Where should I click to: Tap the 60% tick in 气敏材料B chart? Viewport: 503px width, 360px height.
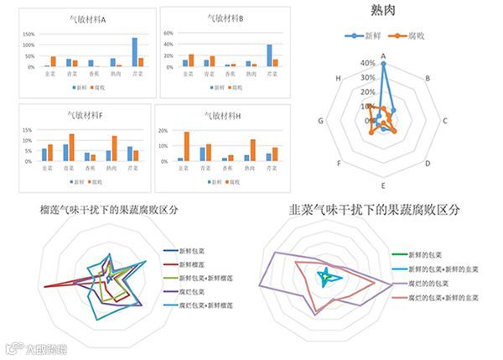pos(167,34)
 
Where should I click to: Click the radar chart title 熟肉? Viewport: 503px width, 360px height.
pos(383,10)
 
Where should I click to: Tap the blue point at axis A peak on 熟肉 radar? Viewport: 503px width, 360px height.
pos(383,64)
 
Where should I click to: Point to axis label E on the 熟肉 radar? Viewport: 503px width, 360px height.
pos(383,184)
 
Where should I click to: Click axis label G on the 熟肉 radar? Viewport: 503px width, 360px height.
pos(321,122)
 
